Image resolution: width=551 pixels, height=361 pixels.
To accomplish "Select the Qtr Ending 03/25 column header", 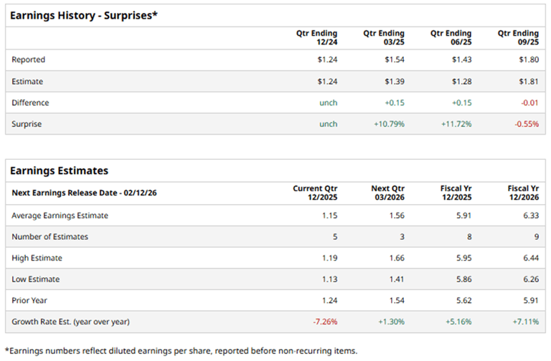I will [x=384, y=38].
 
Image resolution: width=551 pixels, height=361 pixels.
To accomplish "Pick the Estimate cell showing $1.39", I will [x=394, y=81].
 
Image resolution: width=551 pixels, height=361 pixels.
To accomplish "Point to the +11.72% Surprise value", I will [x=456, y=124].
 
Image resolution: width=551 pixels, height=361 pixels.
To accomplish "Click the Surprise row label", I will [x=27, y=124].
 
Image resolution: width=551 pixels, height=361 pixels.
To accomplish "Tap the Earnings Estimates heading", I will [x=59, y=170].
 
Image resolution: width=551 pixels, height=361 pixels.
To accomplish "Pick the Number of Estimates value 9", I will [x=535, y=236].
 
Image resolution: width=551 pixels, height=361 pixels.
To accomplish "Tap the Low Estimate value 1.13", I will [x=328, y=279].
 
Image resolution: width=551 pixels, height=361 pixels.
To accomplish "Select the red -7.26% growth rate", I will [x=324, y=322].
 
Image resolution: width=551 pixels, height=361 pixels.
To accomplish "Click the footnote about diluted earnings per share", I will [x=181, y=350].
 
